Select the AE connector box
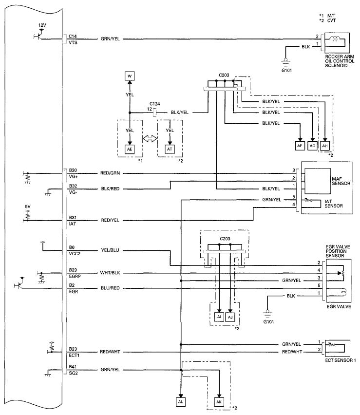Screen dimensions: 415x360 click(x=130, y=150)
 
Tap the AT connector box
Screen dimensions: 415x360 click(x=170, y=150)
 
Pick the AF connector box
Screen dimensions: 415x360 click(x=301, y=145)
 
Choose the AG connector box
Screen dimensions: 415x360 click(x=313, y=145)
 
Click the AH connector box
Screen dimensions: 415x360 click(x=325, y=145)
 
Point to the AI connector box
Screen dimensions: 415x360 click(x=219, y=317)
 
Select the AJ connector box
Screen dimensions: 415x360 click(x=231, y=317)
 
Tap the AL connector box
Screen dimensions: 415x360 click(x=181, y=402)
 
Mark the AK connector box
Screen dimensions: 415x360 click(x=220, y=402)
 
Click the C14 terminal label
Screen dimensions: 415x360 click(x=73, y=36)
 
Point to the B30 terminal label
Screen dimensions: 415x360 click(x=73, y=170)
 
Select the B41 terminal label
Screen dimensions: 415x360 click(x=73, y=366)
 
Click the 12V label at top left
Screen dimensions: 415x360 click(x=42, y=24)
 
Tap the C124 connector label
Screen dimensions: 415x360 click(x=155, y=103)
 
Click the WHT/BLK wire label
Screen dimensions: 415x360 click(x=111, y=273)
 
